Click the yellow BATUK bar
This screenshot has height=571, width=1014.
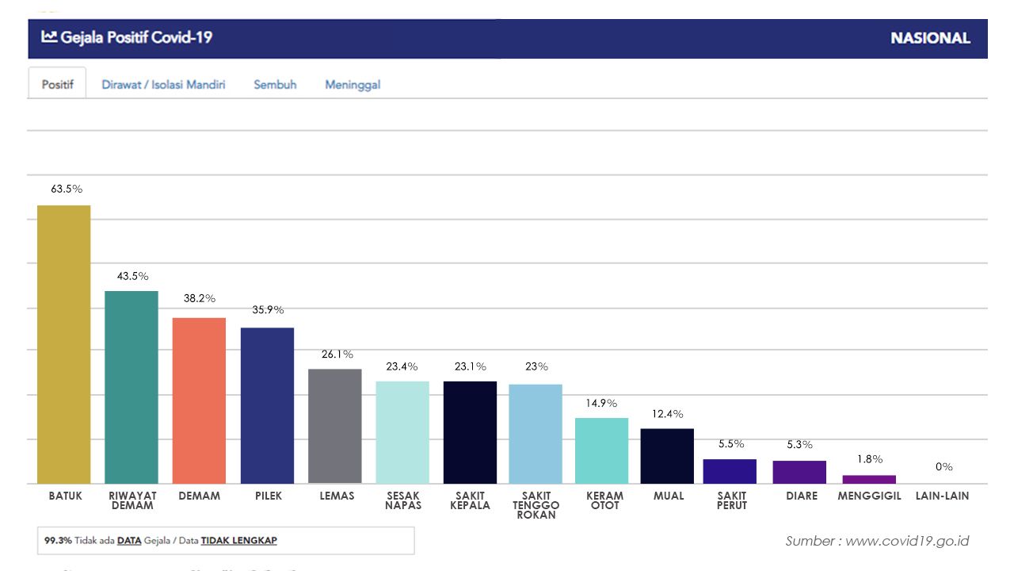coord(64,344)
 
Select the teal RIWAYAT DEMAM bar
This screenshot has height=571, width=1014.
coord(132,387)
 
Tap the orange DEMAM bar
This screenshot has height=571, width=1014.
coord(199,400)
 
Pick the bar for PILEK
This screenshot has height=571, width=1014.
coord(267,405)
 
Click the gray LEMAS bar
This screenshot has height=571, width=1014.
coord(334,426)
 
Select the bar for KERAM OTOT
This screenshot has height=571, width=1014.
coord(601,450)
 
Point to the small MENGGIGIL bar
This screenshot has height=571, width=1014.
coord(869,479)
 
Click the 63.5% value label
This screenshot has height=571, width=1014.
coord(67,190)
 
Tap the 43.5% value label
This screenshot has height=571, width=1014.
coord(132,276)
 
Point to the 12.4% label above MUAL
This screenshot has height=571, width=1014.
coord(667,414)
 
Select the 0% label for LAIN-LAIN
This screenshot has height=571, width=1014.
coord(943,467)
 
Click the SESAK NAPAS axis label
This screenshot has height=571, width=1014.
coord(403,500)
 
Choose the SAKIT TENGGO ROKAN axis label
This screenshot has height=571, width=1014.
coord(536,505)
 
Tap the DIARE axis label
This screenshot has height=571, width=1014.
coord(802,496)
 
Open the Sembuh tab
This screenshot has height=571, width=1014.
coord(275,84)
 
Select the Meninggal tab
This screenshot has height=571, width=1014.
coord(353,84)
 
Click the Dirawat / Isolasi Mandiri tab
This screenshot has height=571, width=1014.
coord(163,84)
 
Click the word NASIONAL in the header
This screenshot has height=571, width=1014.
coord(930,38)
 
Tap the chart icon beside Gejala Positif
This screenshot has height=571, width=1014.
coord(49,36)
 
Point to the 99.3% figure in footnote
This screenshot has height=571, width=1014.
coord(59,541)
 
